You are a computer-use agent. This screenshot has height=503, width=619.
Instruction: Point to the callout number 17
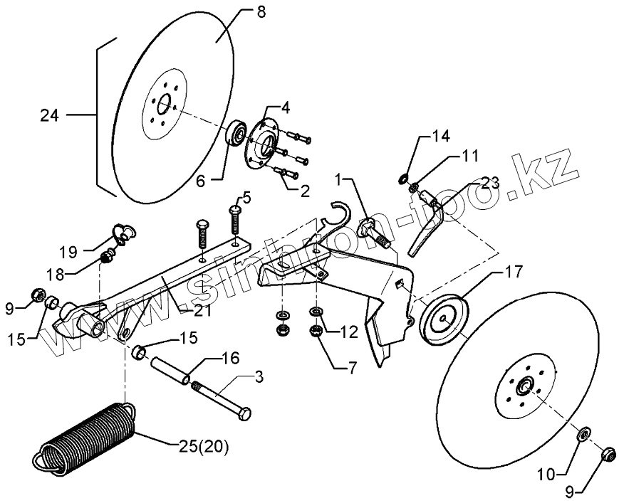(514, 272)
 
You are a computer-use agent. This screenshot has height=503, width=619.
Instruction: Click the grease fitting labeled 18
(108, 255)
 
